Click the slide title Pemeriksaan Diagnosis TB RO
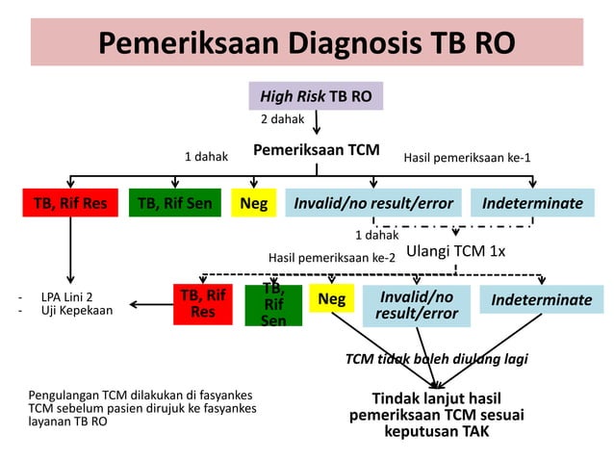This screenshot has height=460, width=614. tap(306, 43)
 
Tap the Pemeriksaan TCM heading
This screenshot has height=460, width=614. tap(316, 151)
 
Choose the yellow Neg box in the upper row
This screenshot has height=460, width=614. tap(253, 203)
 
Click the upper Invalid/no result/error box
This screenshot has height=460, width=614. tap(373, 203)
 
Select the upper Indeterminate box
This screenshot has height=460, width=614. tap(532, 203)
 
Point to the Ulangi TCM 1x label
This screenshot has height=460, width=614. tap(455, 250)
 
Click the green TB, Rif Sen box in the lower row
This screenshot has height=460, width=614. tap(273, 304)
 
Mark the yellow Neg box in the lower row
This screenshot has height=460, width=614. tap(331, 299)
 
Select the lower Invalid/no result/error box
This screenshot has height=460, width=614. tap(417, 304)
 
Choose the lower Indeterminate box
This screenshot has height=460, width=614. tap(541, 300)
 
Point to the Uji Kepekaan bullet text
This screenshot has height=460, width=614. tap(76, 311)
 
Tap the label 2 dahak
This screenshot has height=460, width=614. tap(282, 120)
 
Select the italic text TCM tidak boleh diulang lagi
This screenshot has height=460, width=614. tap(436, 359)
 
